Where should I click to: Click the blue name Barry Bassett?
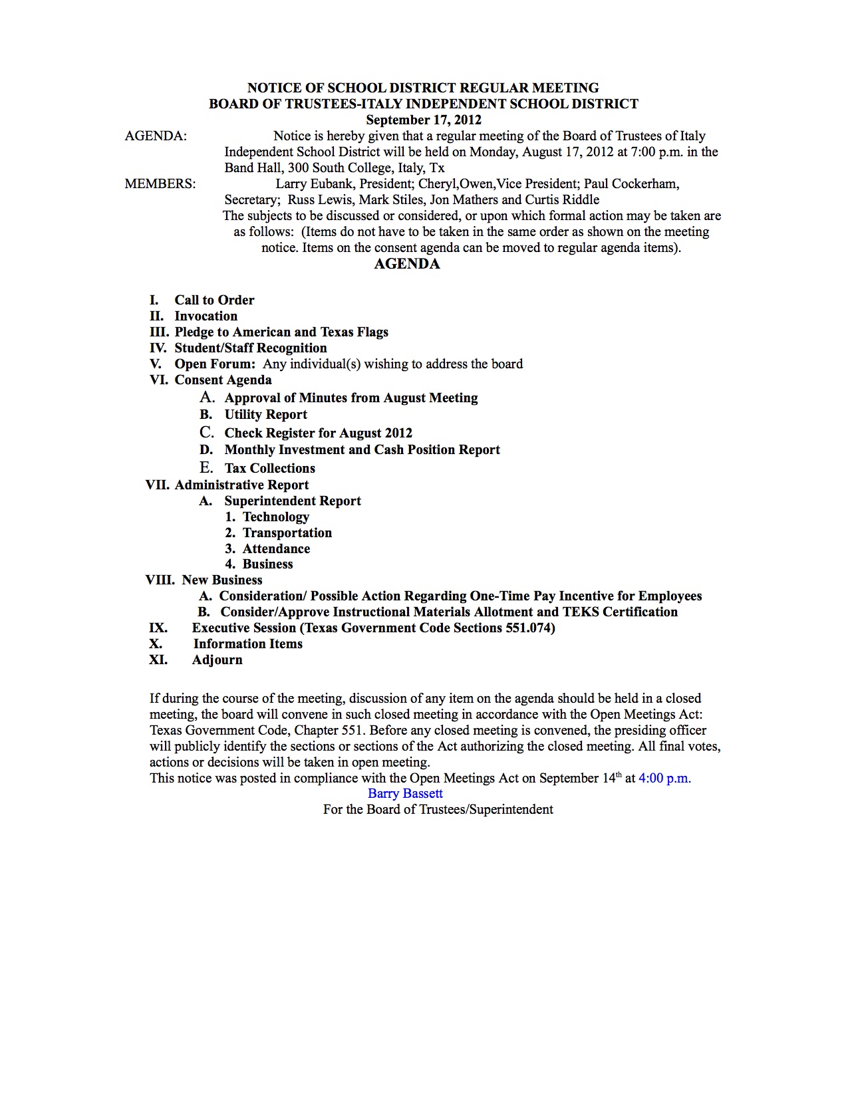[x=405, y=793]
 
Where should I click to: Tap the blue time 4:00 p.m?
[x=664, y=778]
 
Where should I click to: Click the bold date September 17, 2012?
[x=424, y=120]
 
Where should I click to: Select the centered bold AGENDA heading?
[x=407, y=264]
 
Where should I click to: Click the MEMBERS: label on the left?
[x=160, y=183]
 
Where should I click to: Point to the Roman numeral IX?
[x=158, y=628]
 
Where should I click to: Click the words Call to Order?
[x=214, y=300]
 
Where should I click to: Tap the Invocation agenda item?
[x=206, y=316]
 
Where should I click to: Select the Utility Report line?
[x=265, y=414]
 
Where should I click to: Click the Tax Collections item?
[x=269, y=468]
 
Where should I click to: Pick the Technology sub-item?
[x=275, y=517]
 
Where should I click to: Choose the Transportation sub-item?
[x=287, y=533]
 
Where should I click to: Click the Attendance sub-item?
[x=276, y=548]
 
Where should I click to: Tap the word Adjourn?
[x=217, y=660]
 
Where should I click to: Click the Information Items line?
[x=247, y=644]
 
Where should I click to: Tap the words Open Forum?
[x=215, y=364]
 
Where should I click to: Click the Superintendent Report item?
[x=293, y=501]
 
